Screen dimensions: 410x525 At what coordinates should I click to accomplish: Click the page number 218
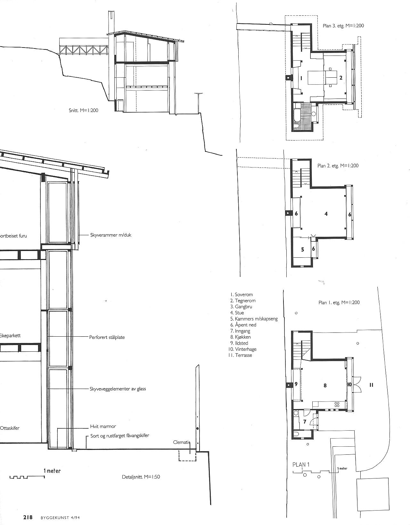28,517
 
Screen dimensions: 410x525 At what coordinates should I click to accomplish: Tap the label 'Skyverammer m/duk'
111,235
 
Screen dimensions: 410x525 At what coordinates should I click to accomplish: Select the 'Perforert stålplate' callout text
107,337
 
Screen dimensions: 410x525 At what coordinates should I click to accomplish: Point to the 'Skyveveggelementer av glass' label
118,389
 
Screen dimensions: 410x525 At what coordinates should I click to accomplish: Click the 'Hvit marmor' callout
103,427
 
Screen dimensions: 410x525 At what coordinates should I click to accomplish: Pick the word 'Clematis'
182,443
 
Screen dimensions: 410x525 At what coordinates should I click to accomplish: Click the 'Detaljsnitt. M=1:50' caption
141,477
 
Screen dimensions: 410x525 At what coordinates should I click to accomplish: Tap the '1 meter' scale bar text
52,471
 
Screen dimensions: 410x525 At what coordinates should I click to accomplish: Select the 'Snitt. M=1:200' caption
83,111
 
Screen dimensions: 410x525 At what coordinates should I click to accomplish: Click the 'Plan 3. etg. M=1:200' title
343,26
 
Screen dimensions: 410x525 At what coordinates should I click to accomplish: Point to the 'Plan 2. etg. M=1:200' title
338,166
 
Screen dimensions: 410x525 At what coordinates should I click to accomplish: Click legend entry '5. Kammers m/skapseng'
254,319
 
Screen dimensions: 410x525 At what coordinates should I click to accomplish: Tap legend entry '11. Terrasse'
240,355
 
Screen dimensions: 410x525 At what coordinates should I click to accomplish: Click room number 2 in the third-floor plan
341,78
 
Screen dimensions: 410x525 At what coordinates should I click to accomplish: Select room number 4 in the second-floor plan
326,214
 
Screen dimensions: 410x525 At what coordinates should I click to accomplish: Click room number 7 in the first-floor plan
305,422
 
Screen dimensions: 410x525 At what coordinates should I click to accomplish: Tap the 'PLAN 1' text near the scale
301,464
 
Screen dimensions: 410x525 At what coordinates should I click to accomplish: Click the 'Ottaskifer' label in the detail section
10,428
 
